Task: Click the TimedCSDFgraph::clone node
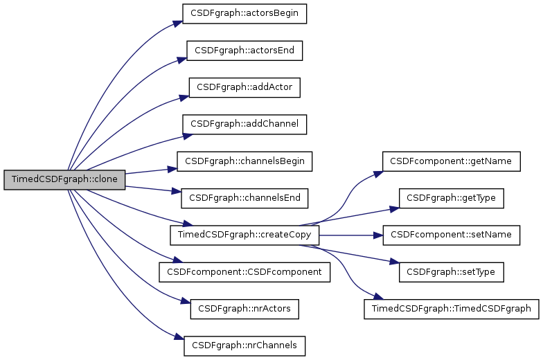point(64,179)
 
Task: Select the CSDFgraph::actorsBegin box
point(244,13)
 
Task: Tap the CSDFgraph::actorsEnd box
point(244,51)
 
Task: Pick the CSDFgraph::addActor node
point(244,87)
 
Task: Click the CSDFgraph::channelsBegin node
point(244,161)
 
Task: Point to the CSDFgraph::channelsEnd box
point(244,197)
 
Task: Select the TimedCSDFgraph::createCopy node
point(244,235)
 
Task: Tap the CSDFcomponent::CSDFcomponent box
point(244,271)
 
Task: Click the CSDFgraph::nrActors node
point(244,308)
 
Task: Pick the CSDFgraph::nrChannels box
point(244,345)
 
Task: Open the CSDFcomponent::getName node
point(451,161)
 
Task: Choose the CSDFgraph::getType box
point(451,198)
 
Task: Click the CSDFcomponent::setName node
point(451,235)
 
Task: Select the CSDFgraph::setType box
point(451,271)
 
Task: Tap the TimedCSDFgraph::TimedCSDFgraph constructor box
point(451,308)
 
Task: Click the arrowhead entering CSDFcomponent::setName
point(379,235)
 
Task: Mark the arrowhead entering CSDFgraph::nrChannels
point(179,338)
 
